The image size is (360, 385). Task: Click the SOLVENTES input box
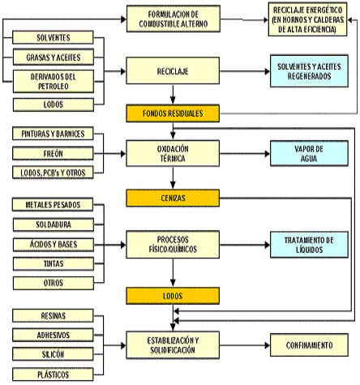click(x=53, y=37)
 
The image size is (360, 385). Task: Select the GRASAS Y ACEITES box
click(x=54, y=57)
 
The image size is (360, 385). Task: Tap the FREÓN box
click(x=53, y=153)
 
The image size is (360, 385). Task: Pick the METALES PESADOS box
click(x=53, y=204)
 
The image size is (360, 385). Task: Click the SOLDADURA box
click(x=54, y=225)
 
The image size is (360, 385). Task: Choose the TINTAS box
click(x=54, y=263)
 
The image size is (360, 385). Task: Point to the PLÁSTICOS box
click(x=53, y=374)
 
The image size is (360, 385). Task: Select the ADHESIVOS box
click(x=53, y=335)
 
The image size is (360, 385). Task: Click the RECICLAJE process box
click(x=173, y=71)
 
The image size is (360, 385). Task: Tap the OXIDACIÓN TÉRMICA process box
click(x=173, y=153)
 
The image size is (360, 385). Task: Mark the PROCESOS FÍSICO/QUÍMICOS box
click(x=173, y=245)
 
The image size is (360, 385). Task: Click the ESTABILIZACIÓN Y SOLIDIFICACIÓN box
click(x=173, y=345)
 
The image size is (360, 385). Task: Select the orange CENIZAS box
click(x=173, y=198)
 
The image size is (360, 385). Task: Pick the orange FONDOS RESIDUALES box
click(x=173, y=113)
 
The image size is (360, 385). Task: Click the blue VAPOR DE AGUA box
click(x=309, y=153)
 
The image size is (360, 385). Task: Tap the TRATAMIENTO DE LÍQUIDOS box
click(x=309, y=245)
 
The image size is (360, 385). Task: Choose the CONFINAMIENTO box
click(x=309, y=345)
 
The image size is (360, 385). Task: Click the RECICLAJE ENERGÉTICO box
click(x=307, y=19)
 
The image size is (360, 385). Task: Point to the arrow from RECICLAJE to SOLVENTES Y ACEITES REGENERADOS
click(x=245, y=71)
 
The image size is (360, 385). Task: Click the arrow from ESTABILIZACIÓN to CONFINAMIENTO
click(x=245, y=345)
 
